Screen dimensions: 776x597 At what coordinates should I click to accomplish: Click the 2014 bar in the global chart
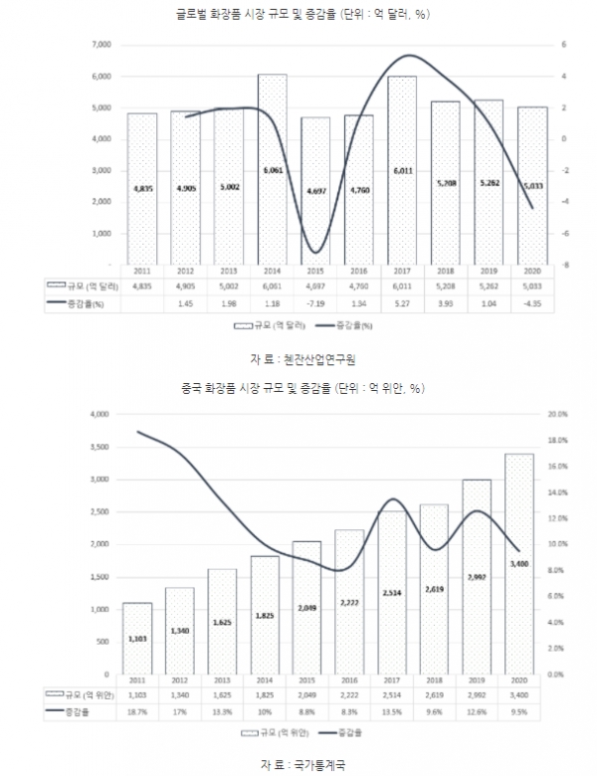272,169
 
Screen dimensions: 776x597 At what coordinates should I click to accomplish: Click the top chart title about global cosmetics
298,13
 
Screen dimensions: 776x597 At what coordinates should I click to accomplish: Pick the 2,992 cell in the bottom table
477,693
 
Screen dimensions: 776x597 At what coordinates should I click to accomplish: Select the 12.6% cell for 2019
477,711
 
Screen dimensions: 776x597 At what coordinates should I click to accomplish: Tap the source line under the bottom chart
298,764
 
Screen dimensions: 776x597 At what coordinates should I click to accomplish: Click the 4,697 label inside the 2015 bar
315,188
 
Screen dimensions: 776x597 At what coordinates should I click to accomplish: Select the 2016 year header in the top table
359,270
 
